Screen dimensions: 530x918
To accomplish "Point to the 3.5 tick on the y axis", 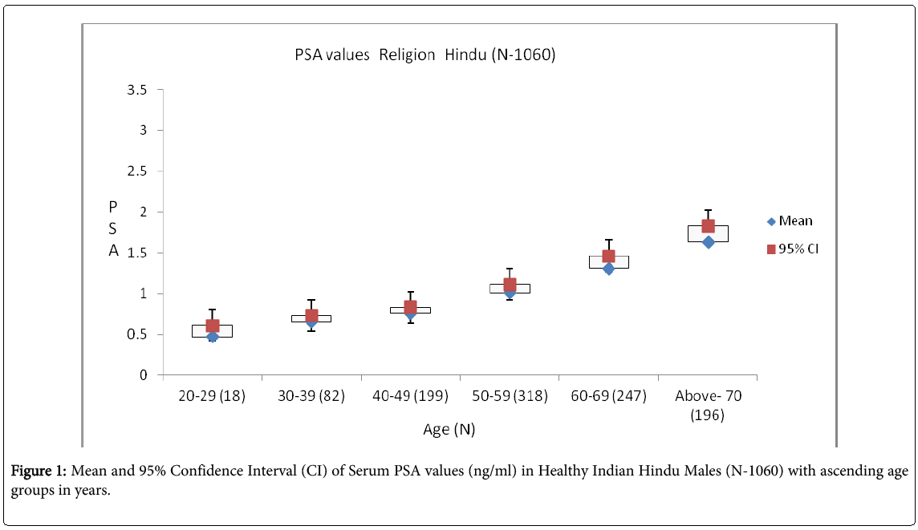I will coord(136,90).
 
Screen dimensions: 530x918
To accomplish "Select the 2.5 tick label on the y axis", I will coord(136,172).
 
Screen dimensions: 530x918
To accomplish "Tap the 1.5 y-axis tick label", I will coord(136,253).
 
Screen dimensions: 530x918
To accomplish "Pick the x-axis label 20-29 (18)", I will coord(212,397).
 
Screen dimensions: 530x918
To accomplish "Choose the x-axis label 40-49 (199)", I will coord(410,397).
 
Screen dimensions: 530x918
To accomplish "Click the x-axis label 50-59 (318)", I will coord(509,397).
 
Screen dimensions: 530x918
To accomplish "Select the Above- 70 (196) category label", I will coord(707,405).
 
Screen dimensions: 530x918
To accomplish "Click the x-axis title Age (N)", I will coord(449,430).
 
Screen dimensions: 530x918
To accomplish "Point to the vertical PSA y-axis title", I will coord(113,229).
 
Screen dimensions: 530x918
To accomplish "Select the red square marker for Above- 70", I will coord(708,226).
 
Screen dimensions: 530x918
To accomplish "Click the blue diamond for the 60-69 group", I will coord(608,269).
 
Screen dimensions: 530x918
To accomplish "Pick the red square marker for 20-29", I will coord(213,326).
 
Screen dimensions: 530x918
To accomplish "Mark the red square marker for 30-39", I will coord(311,316).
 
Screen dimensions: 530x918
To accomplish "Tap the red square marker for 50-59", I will coord(510,285).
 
